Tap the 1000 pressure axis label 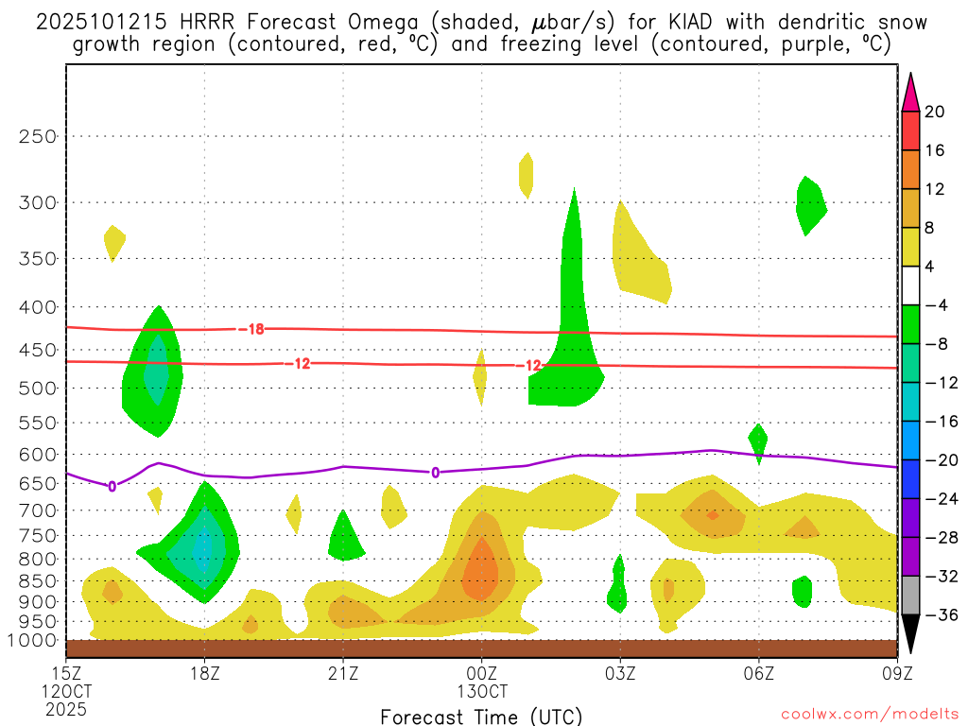tap(33, 640)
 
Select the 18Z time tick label tap(204, 673)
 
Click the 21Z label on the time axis tap(342, 673)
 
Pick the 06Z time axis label tap(758, 673)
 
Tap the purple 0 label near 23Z tap(435, 472)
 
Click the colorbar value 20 tap(935, 112)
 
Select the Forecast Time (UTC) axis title tap(481, 716)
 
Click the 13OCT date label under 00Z tap(481, 690)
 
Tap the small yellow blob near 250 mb tap(526, 175)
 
